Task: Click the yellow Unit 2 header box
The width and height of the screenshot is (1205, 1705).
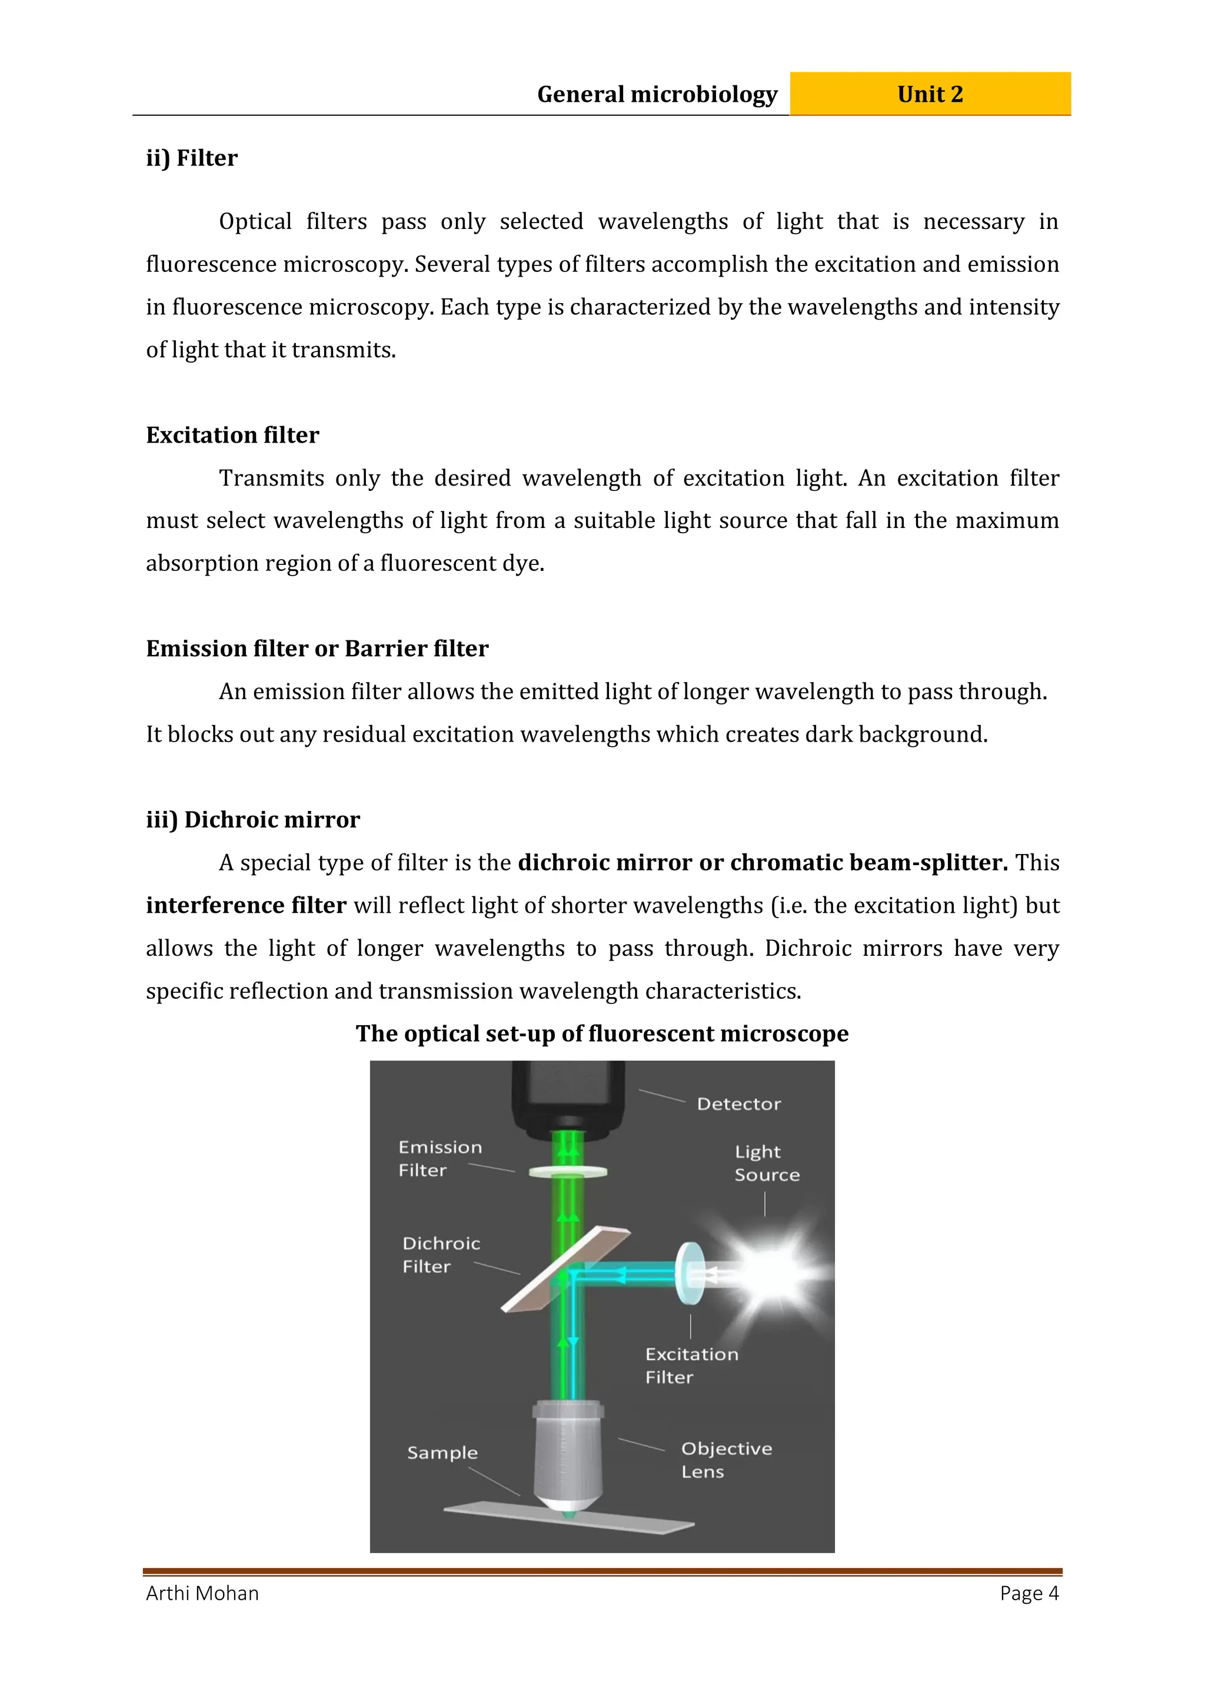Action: [x=930, y=94]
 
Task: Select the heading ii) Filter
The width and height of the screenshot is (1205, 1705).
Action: [x=192, y=158]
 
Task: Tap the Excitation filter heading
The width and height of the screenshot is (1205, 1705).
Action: [x=232, y=435]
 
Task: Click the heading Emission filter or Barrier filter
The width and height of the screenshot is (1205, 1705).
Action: [x=317, y=649]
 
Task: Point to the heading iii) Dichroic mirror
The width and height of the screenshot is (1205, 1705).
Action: [x=252, y=820]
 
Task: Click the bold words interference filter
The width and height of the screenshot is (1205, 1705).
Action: [x=246, y=905]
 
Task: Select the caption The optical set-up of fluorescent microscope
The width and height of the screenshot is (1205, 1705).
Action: [x=601, y=1033]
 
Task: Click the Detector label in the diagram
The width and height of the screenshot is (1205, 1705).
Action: [x=739, y=1104]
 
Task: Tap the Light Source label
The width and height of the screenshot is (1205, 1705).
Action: [x=766, y=1163]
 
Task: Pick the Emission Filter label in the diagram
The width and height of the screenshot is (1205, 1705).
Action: [x=440, y=1158]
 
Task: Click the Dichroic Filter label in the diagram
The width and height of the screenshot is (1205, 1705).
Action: [x=441, y=1255]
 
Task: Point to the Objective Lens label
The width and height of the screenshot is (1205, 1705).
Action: [x=725, y=1460]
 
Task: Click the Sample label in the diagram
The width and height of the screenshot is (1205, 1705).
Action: [x=442, y=1453]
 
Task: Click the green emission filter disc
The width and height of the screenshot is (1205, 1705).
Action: [x=568, y=1172]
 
